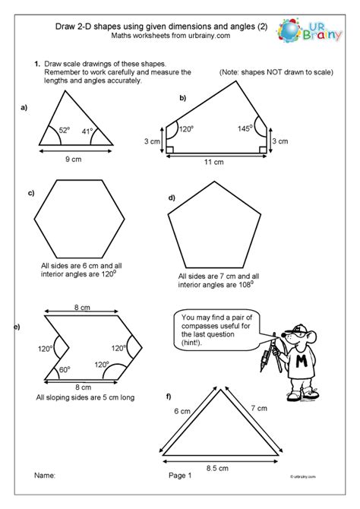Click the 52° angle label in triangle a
(x=63, y=130)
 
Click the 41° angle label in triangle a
(x=88, y=132)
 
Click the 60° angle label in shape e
(x=64, y=370)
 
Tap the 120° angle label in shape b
(x=184, y=131)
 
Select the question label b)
(x=183, y=98)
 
